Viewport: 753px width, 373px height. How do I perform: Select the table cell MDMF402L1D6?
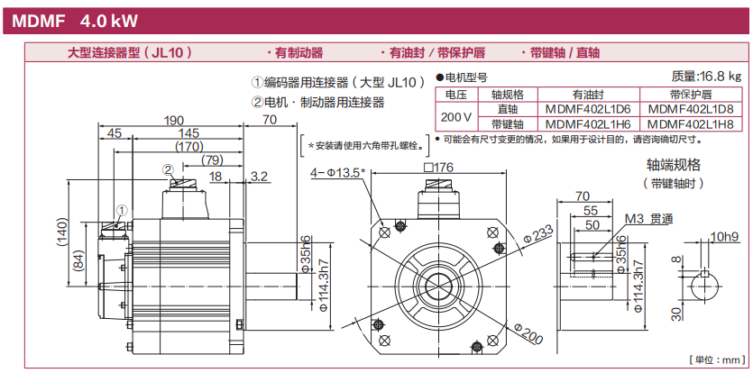(x=588, y=108)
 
